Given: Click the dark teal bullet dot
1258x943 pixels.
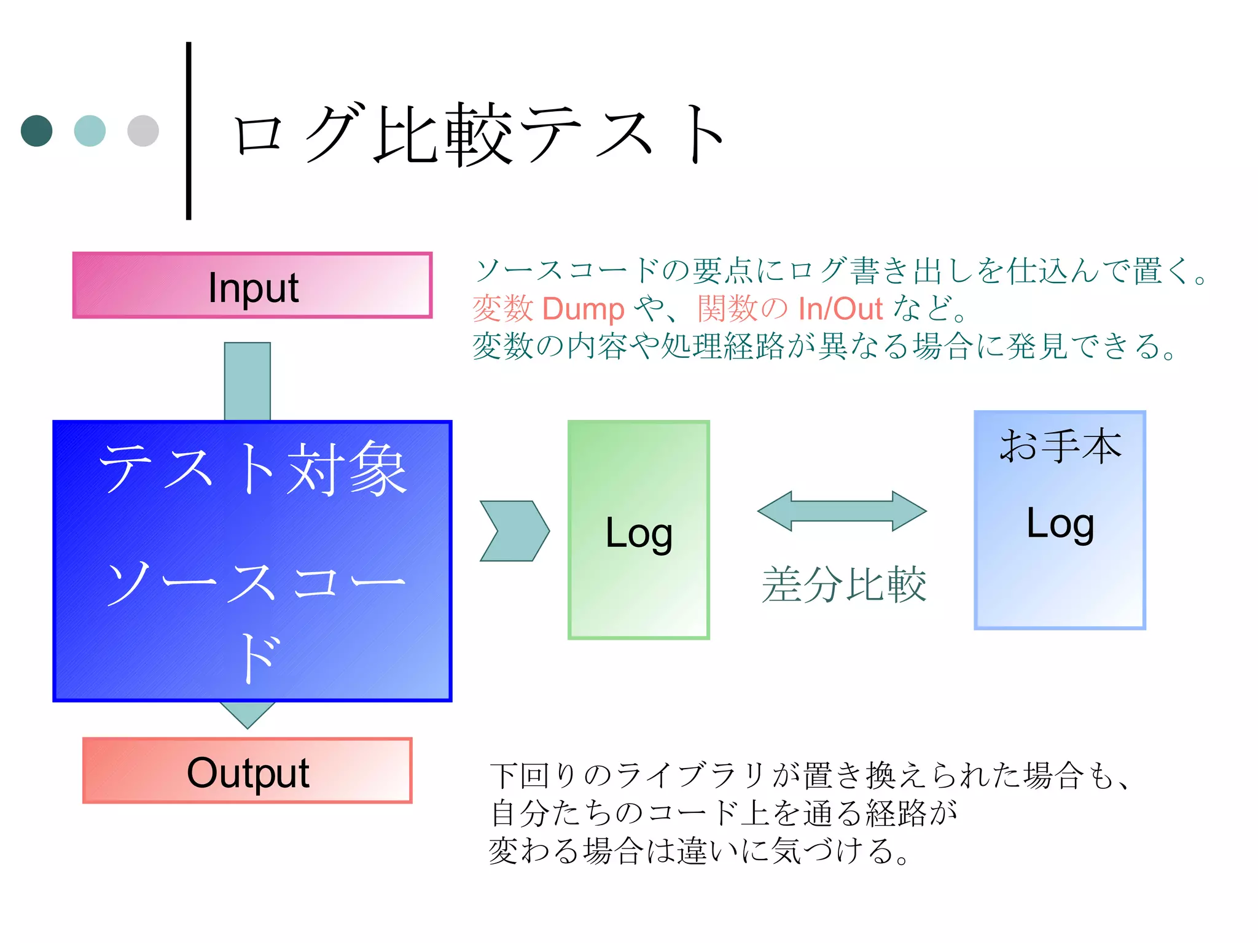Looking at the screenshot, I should click(36, 131).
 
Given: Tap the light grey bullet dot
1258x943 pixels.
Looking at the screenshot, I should click(143, 131).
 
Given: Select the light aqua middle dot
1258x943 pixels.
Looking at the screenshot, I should click(90, 131).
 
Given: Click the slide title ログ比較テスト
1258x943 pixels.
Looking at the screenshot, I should click(479, 135).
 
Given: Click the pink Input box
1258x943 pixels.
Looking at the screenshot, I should click(252, 285).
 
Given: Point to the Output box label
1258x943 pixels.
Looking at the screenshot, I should click(248, 772).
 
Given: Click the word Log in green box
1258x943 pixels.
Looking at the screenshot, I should click(639, 533).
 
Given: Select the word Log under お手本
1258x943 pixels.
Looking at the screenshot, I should click(1060, 524).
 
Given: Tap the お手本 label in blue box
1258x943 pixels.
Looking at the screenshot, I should click(1060, 446).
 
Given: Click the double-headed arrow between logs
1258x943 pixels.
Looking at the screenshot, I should click(842, 511).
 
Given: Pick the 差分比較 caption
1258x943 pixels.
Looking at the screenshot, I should click(843, 584).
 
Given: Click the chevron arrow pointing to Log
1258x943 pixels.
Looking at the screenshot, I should click(515, 531).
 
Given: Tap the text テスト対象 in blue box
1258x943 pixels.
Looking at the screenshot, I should click(252, 470).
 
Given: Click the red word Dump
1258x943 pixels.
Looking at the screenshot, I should click(583, 309).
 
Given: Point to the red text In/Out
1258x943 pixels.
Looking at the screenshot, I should click(840, 309).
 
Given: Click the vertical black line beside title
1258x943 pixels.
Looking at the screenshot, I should click(189, 131).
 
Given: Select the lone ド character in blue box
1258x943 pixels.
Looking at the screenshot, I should click(259, 658).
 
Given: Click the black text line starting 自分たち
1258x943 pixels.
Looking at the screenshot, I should click(724, 813).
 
